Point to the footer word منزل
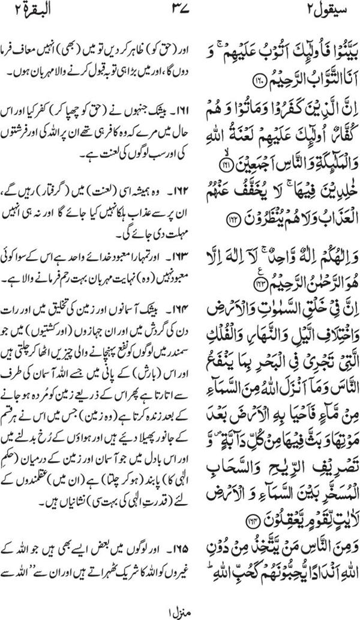click(178, 608)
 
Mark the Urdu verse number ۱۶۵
click(162, 548)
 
